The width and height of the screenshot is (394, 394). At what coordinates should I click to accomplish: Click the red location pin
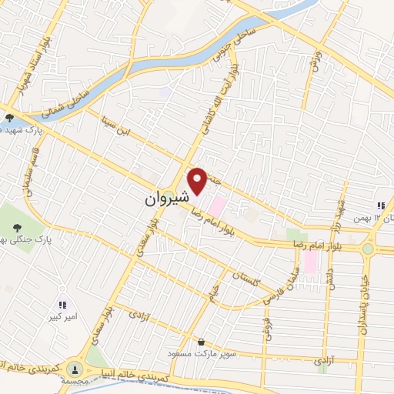pyautogui.click(x=199, y=182)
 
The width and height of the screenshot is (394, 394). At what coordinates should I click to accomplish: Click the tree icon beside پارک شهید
pyautogui.click(x=8, y=119)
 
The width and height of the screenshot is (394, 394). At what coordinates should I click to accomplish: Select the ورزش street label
pyautogui.click(x=314, y=60)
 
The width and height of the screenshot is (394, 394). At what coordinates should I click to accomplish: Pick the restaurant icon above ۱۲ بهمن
pyautogui.click(x=380, y=205)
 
